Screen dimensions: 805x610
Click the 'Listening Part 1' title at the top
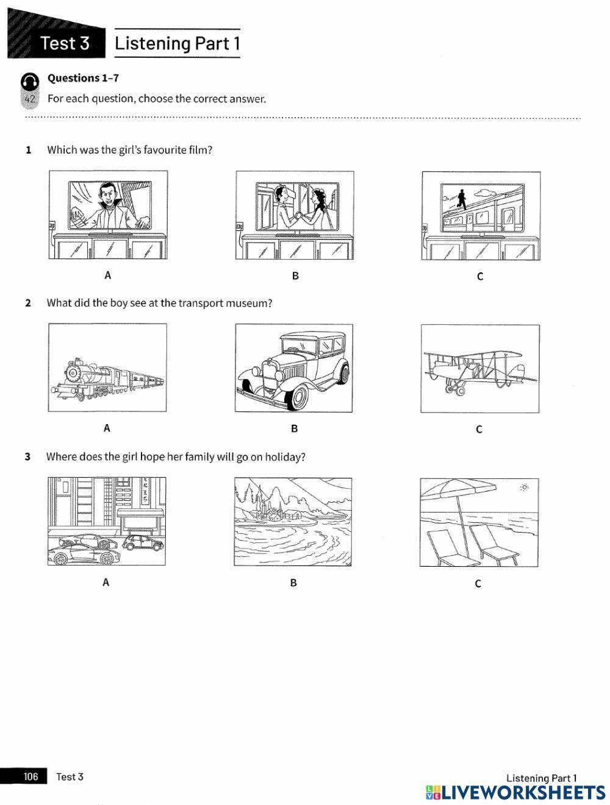click(177, 43)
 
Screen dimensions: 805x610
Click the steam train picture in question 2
click(107, 368)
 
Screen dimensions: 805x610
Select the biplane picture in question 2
click(479, 369)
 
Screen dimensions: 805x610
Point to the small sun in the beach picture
click(523, 487)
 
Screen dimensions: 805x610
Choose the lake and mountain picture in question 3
click(293, 522)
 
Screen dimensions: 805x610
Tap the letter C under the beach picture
click(478, 583)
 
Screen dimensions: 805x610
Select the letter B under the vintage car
click(294, 428)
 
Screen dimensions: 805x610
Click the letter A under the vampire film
click(108, 275)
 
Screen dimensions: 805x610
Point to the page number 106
click(30, 776)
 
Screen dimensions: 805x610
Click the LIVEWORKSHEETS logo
click(515, 792)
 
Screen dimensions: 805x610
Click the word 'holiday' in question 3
click(284, 456)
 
